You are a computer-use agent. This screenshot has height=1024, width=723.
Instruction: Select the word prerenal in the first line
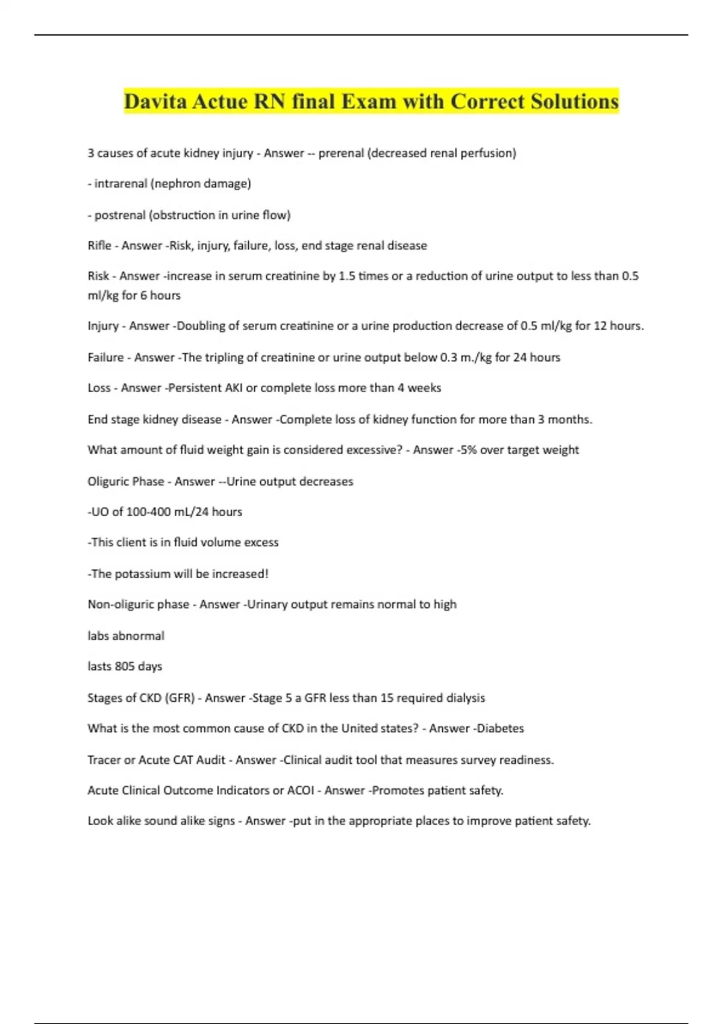coord(340,153)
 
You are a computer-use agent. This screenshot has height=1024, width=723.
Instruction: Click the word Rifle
coord(99,245)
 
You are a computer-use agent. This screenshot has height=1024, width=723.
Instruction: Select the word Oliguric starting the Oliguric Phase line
coord(109,481)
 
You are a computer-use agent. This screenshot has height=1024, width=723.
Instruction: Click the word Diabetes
coord(500,728)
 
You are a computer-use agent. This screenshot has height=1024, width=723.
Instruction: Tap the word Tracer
coord(104,760)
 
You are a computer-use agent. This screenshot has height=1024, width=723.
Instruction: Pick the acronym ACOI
coord(301,790)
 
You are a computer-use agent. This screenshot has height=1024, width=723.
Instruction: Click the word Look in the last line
coord(100,820)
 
